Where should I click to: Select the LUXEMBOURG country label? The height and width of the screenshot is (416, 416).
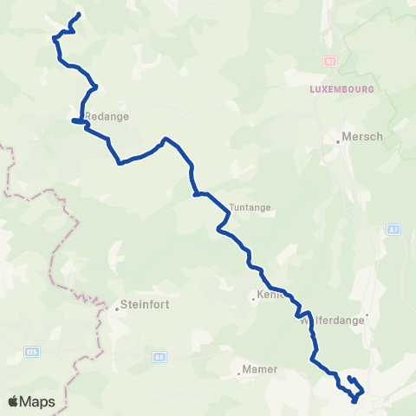coord(341,89)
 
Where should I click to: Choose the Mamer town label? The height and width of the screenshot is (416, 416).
coord(260,369)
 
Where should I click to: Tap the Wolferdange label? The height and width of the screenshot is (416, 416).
coord(334,320)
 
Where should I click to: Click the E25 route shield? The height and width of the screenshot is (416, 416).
coord(32,351)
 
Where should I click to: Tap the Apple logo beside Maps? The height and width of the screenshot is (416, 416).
coord(13,401)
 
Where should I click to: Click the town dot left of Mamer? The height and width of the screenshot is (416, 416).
coord(238,374)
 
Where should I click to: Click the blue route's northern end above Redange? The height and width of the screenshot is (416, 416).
coord(79,14)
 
